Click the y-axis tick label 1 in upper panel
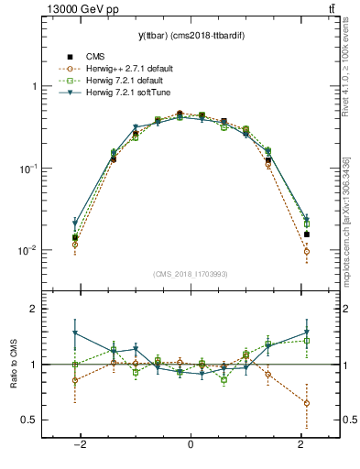[34, 86]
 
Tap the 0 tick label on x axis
[191, 444]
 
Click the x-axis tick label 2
[301, 444]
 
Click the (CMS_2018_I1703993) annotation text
[191, 273]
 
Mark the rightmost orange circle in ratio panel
[306, 403]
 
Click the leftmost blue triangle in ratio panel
[75, 333]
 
